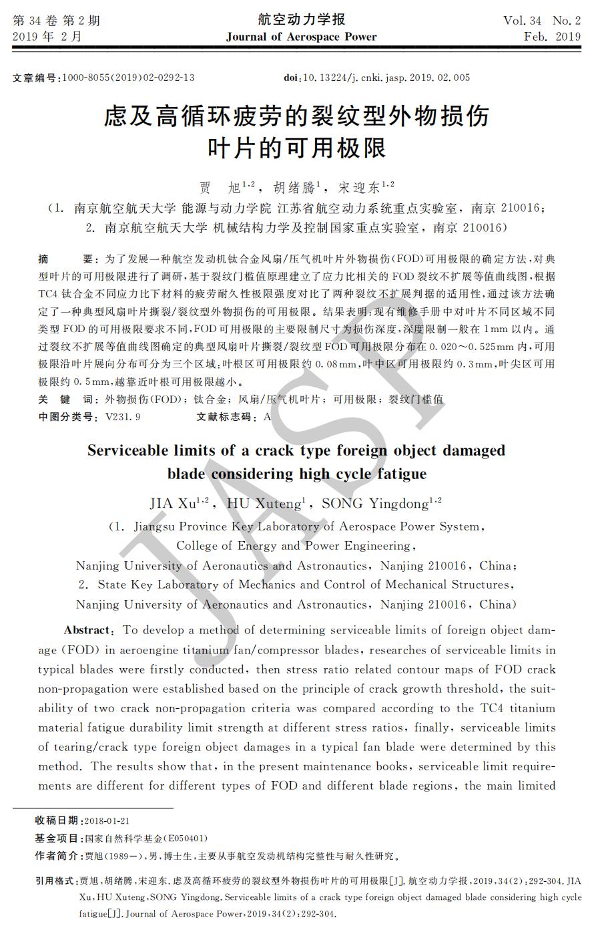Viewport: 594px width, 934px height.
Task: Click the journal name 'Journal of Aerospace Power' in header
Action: pyautogui.click(x=301, y=37)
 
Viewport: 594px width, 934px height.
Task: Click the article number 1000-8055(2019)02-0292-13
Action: pyautogui.click(x=128, y=77)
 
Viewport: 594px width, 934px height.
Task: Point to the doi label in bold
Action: pyautogui.click(x=291, y=77)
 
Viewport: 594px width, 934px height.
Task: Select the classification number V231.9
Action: pyautogui.click(x=123, y=417)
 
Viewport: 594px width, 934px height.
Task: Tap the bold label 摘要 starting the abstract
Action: pyautogui.click(x=64, y=259)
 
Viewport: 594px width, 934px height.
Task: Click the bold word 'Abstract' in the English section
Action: pyautogui.click(x=87, y=630)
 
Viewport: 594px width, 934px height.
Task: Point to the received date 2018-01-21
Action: pyautogui.click(x=107, y=820)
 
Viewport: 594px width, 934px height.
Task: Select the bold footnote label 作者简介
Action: pyautogui.click(x=56, y=856)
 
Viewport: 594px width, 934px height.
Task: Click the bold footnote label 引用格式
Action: pyautogui.click(x=56, y=881)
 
